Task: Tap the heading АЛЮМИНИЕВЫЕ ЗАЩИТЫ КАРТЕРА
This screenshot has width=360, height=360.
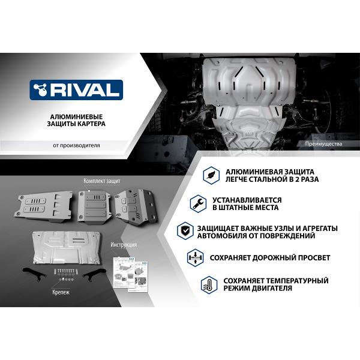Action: coord(76,119)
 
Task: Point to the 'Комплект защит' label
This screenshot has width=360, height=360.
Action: coord(103,181)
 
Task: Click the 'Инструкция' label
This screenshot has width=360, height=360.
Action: coord(124,245)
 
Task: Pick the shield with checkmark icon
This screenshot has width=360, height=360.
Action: coord(186,232)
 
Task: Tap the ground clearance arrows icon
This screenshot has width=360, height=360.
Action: coord(196,257)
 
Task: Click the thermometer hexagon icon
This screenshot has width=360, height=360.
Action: coord(209,284)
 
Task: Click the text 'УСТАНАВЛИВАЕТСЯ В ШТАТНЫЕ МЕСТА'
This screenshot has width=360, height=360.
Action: coord(247,203)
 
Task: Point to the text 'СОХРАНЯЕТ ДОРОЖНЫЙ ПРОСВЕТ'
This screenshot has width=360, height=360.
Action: coord(269,257)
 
